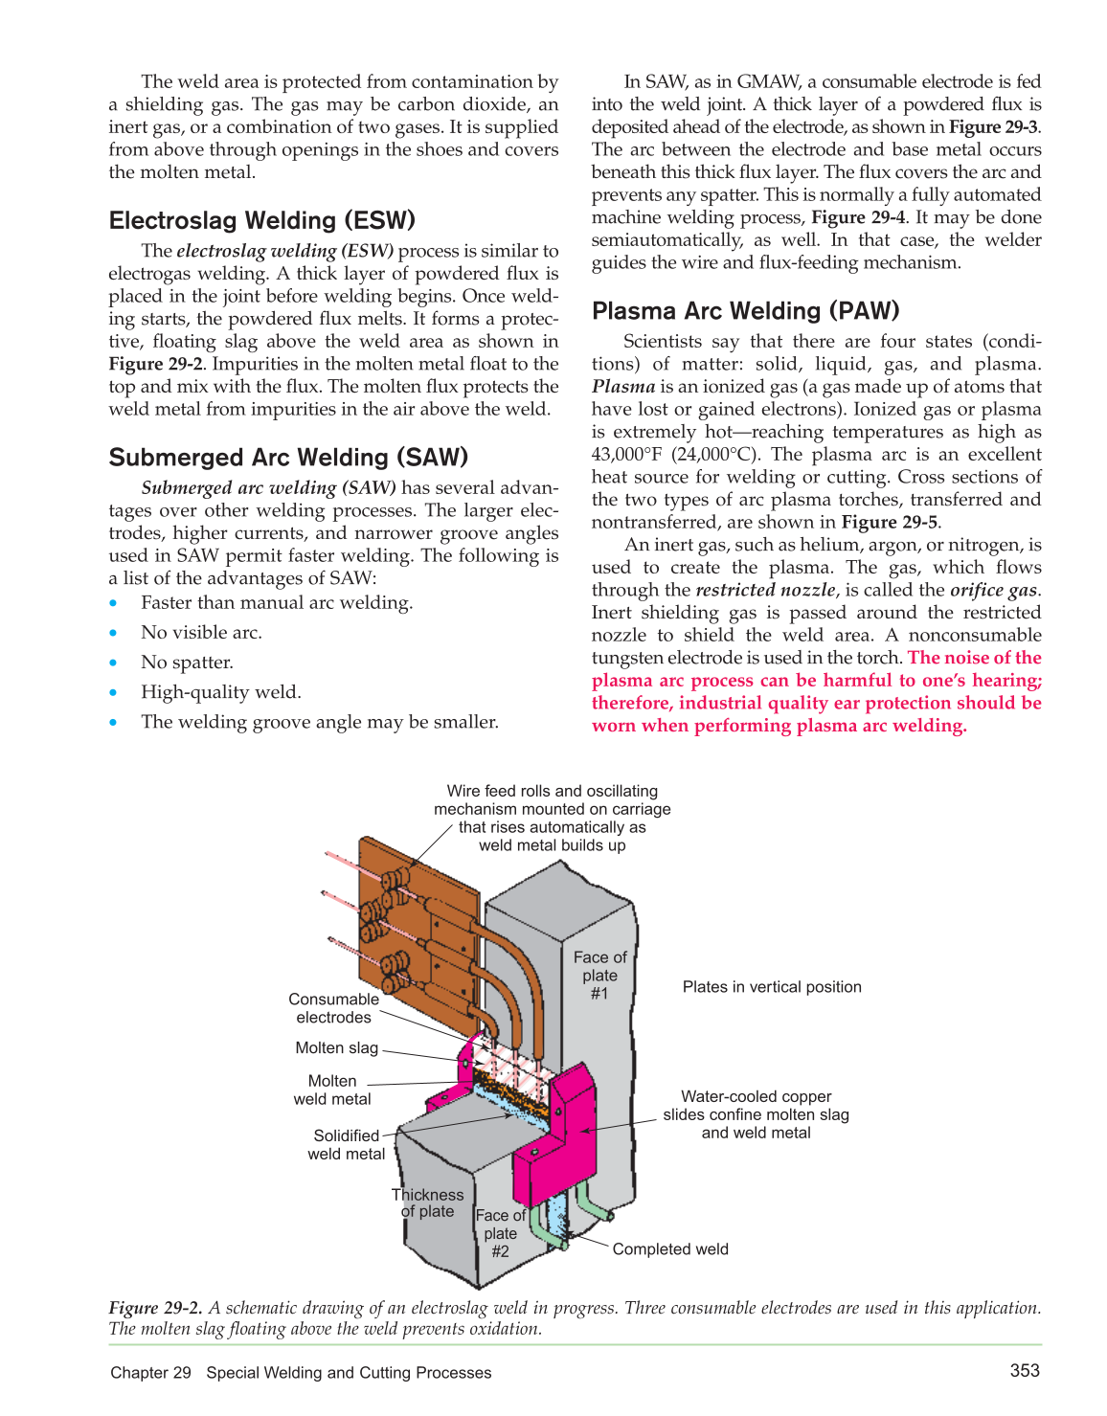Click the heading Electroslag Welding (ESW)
(261, 220)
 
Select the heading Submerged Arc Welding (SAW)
(288, 457)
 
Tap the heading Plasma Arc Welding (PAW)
(745, 310)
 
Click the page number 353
(1024, 1370)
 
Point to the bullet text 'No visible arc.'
(201, 632)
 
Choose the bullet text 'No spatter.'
(187, 662)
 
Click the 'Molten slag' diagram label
(336, 1047)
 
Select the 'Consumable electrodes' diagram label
(333, 1008)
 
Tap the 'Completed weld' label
(670, 1248)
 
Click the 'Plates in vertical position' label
(772, 986)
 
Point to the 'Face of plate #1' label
(599, 975)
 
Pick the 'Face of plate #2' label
(500, 1233)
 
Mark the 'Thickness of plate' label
(427, 1202)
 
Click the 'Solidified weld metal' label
(346, 1144)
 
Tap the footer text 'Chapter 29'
(150, 1372)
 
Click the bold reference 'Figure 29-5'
(889, 522)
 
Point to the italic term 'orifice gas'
(993, 590)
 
